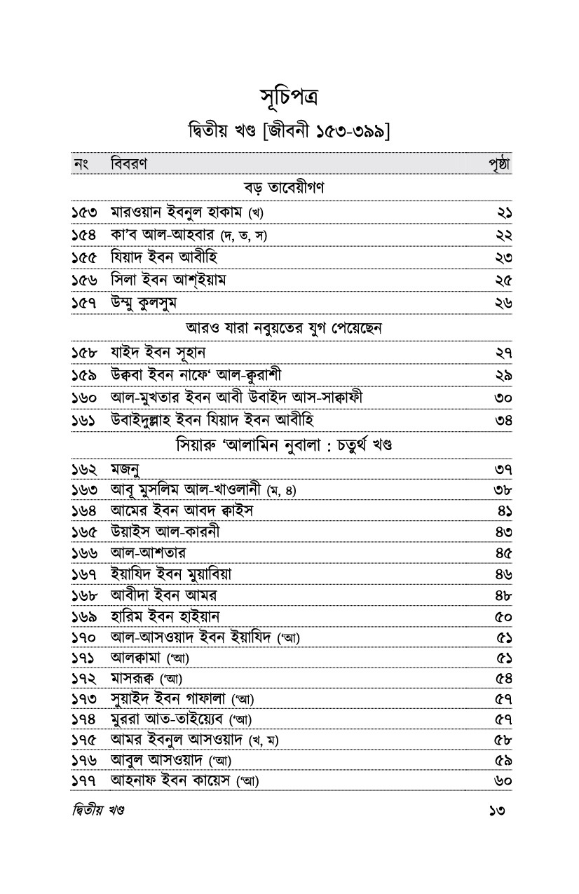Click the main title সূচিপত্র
pos(289,96)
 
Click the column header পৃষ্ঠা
pos(500,164)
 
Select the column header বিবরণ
pos(133,164)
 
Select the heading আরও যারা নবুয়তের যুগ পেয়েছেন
pos(289,327)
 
